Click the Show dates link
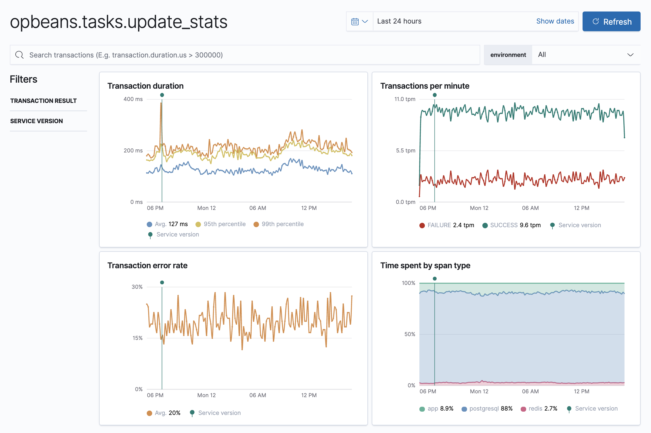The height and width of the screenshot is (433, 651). tap(555, 21)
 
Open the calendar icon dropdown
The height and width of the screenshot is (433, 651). tap(359, 22)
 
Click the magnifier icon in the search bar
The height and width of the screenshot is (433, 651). tap(19, 55)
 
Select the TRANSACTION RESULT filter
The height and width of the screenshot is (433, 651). tap(43, 101)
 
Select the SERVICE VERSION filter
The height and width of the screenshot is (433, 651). tap(36, 121)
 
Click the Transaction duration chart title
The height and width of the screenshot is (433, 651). tap(145, 86)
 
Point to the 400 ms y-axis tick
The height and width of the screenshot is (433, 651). tap(133, 99)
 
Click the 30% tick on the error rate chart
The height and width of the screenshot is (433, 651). tap(137, 287)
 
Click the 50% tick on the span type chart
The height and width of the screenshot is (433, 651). tap(410, 334)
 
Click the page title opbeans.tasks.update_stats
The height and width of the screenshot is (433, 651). tap(119, 22)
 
